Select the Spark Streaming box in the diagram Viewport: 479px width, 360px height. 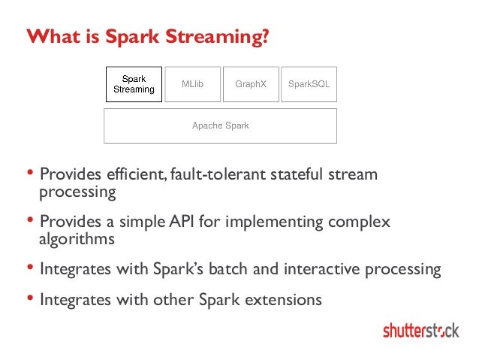(134, 84)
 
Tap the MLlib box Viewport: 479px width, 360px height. (193, 84)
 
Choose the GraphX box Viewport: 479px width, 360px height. (251, 84)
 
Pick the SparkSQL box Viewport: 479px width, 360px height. (309, 84)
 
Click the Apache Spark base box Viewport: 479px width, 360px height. (220, 126)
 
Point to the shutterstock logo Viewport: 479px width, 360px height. (420, 330)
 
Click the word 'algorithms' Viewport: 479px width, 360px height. (77, 240)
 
